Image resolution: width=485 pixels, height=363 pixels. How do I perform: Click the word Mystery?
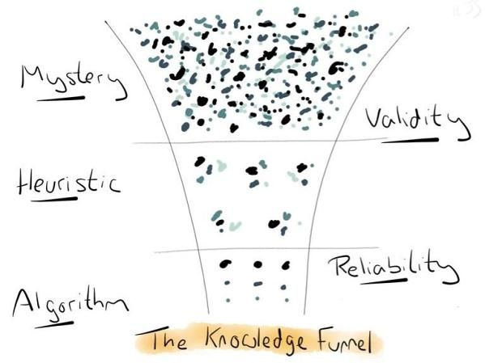73,80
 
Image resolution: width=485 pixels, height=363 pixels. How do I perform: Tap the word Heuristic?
68,184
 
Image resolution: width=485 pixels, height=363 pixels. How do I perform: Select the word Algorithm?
70,305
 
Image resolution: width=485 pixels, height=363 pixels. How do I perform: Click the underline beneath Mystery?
61,99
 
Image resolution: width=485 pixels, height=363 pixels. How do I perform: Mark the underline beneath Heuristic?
54,199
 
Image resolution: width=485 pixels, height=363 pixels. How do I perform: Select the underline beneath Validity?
411,141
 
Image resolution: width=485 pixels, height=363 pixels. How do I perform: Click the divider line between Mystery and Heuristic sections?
260,141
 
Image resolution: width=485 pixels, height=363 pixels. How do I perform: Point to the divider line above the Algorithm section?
266,249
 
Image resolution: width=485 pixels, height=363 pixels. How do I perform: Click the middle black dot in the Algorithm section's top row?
257,264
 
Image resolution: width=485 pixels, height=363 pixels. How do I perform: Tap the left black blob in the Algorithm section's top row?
225,264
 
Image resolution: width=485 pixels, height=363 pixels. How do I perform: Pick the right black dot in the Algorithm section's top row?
286,265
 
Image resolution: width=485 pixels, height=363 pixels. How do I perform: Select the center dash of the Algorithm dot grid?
257,284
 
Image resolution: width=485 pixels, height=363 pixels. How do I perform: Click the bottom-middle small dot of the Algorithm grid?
257,298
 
